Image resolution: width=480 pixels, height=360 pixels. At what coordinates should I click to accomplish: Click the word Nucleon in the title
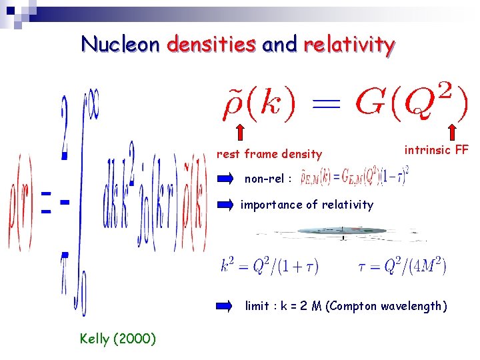pyautogui.click(x=121, y=45)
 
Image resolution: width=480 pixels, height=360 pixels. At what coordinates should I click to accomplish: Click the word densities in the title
pyautogui.click(x=211, y=45)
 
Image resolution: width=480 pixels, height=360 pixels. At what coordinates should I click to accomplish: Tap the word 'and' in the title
pyautogui.click(x=280, y=45)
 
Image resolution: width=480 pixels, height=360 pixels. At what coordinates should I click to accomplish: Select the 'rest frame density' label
pyautogui.click(x=269, y=154)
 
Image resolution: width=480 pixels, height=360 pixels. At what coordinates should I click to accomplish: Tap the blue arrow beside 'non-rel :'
pyautogui.click(x=227, y=179)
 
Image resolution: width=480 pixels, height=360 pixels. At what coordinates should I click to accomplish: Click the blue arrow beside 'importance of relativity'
pyautogui.click(x=227, y=205)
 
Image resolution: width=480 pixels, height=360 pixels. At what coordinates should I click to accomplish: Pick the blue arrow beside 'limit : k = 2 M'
pyautogui.click(x=227, y=306)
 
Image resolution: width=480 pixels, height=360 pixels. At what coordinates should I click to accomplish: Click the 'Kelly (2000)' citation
pyautogui.click(x=117, y=339)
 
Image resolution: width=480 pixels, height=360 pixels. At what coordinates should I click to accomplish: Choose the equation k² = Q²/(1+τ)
pyautogui.click(x=269, y=267)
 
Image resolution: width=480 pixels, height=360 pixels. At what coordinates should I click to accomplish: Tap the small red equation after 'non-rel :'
pyautogui.click(x=353, y=177)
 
